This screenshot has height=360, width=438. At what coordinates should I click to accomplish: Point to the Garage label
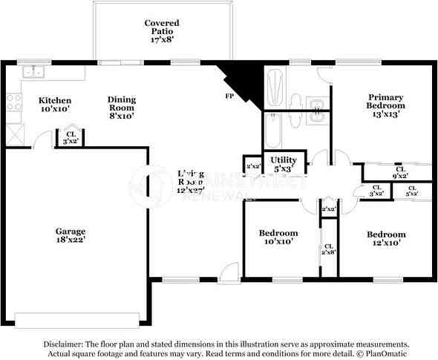[x=71, y=231]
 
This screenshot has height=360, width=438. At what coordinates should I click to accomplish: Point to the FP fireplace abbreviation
[x=229, y=96]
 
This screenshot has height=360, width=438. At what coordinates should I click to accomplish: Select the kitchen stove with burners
[x=14, y=102]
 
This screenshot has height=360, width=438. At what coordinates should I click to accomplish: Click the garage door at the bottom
[x=82, y=320]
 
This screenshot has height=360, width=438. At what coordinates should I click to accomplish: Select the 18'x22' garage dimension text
[x=71, y=240]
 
